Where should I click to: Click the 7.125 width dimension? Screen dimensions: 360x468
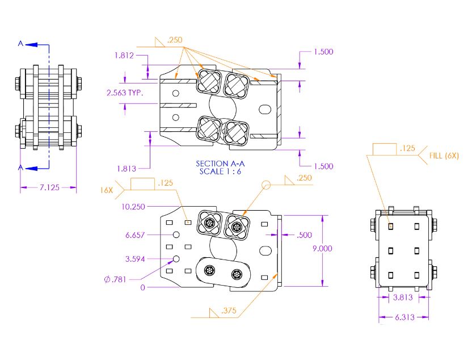pyautogui.click(x=48, y=187)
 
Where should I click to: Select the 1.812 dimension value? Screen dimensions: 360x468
pyautogui.click(x=124, y=56)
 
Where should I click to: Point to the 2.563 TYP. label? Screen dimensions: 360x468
pyautogui.click(x=125, y=92)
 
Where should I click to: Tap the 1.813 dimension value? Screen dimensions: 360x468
pyautogui.click(x=127, y=168)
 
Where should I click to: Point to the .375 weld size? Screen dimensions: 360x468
pyautogui.click(x=230, y=311)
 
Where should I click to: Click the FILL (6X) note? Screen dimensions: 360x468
pyautogui.click(x=444, y=155)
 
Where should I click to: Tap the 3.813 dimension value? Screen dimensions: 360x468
pyautogui.click(x=403, y=297)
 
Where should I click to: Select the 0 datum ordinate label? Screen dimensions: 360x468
pyautogui.click(x=142, y=287)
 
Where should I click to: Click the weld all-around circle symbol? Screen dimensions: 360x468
pyautogui.click(x=265, y=185)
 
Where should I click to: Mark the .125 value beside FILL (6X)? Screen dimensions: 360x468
pyautogui.click(x=407, y=149)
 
